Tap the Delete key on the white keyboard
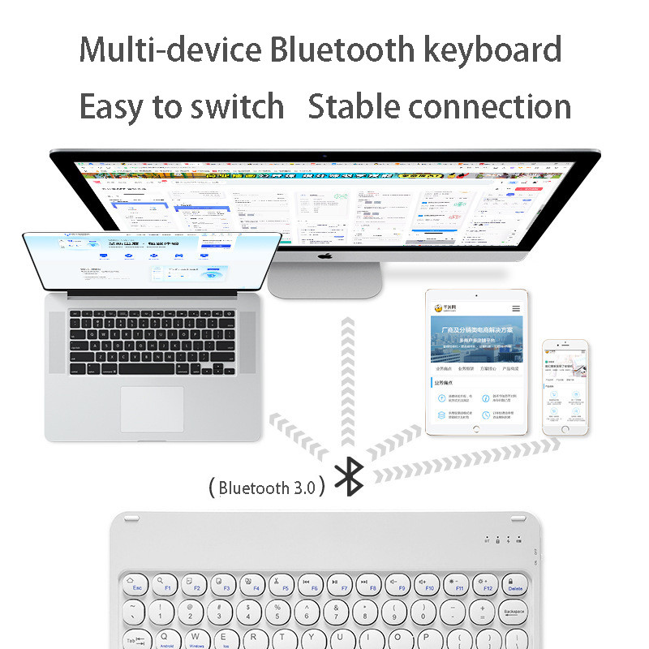[x=514, y=583]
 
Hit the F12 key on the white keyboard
[x=486, y=583]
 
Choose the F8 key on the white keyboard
[x=372, y=583]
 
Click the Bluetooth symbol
[x=350, y=476]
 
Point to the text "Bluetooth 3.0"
[x=265, y=488]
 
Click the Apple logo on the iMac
[x=324, y=257]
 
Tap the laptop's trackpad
[x=153, y=409]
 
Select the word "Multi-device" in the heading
[x=170, y=49]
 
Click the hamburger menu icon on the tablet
[x=516, y=308]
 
